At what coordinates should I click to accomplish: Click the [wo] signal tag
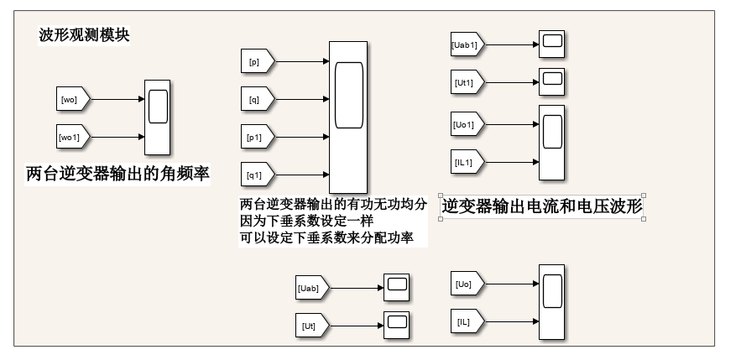click(71, 99)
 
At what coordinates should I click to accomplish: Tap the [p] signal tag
click(256, 61)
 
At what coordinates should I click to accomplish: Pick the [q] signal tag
click(256, 98)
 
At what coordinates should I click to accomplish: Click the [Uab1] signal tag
click(466, 44)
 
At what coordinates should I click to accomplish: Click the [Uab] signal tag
click(310, 288)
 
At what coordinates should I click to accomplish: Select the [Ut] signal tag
click(310, 324)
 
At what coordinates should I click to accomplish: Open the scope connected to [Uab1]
click(551, 44)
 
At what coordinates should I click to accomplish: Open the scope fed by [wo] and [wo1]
click(157, 117)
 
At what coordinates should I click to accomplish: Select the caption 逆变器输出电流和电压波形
click(541, 207)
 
